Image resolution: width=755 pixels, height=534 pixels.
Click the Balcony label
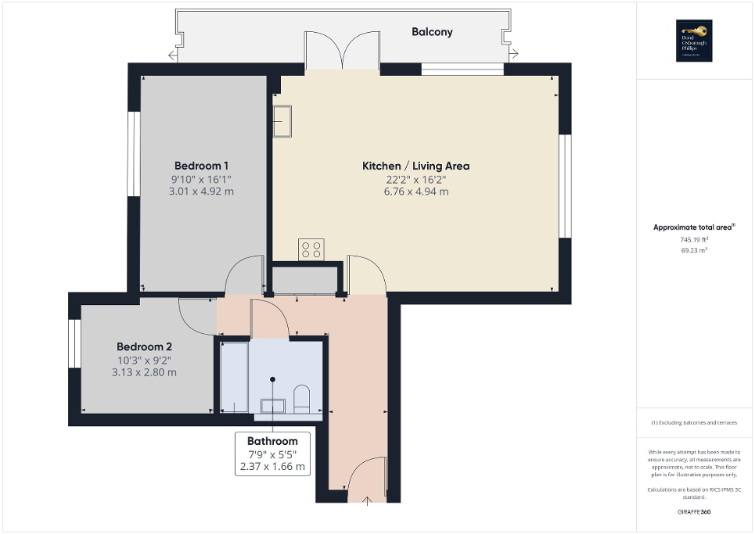432,32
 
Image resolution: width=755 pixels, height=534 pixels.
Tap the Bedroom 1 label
201,166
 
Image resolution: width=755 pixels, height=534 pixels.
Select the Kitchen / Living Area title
415,166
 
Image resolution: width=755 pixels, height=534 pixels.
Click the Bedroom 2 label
144,346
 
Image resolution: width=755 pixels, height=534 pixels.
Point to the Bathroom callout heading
272,441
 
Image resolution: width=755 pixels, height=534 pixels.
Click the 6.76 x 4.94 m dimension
415,192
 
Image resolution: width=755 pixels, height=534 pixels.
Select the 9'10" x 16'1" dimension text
201,179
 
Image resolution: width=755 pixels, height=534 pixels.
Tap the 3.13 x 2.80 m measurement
144,372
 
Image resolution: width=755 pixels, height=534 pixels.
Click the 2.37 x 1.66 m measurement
272,468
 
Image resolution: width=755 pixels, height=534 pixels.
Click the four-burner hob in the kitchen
311,249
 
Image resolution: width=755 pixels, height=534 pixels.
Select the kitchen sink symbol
282,122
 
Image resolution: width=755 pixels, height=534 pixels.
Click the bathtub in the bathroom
234,377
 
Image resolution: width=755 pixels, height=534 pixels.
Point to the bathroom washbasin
272,404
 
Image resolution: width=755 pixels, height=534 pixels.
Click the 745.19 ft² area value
695,240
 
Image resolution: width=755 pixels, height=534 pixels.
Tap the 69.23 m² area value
695,250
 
